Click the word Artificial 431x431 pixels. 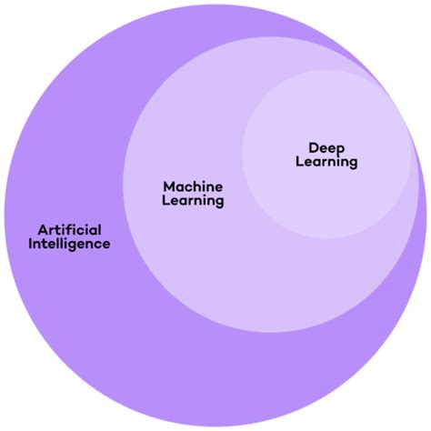tap(69, 228)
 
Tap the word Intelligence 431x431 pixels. tap(69, 244)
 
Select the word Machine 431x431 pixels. tap(193, 185)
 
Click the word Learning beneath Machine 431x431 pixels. tap(193, 201)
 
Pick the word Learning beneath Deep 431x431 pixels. tap(327, 162)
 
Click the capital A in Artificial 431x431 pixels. tap(43, 228)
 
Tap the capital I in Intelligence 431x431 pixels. tap(31, 244)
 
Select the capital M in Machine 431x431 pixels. tap(168, 185)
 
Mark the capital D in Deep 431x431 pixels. tap(314, 145)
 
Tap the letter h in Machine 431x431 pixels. tap(199, 185)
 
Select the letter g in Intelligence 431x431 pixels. tap(79, 246)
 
